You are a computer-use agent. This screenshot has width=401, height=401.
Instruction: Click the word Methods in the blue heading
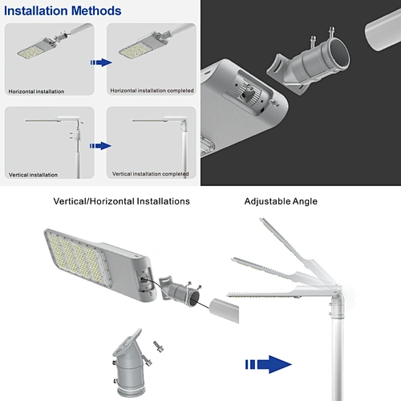[96, 11]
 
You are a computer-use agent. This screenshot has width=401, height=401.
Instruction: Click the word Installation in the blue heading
[36, 11]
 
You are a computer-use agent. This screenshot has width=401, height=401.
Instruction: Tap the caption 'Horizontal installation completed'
[152, 91]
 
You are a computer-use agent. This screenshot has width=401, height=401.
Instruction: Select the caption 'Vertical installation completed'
[151, 174]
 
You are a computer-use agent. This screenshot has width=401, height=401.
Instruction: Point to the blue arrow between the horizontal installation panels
[101, 63]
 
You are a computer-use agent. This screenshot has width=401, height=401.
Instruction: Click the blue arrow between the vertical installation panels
[100, 146]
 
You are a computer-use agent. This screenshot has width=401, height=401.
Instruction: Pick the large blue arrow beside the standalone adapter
[269, 364]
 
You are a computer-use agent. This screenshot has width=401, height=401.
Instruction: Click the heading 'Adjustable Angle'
[281, 201]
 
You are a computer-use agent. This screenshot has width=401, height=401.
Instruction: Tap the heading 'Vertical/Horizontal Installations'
[121, 201]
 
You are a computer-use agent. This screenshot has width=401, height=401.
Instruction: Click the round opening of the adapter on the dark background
[338, 53]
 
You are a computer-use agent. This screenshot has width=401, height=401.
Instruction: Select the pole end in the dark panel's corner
[383, 30]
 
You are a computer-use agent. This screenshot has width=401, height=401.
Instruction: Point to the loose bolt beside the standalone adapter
[159, 346]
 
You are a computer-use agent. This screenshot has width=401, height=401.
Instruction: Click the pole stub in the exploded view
[224, 310]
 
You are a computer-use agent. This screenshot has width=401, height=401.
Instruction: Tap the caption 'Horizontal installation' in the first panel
[36, 91]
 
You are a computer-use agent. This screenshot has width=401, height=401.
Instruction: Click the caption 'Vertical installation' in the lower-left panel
[33, 175]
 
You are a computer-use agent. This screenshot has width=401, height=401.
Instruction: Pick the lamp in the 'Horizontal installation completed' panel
[144, 46]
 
